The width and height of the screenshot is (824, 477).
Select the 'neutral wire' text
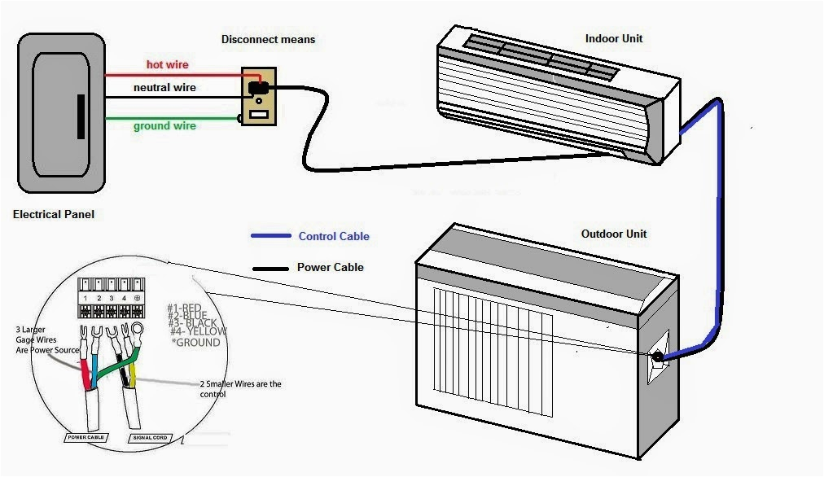pyautogui.click(x=165, y=87)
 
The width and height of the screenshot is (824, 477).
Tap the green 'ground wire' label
pyautogui.click(x=164, y=125)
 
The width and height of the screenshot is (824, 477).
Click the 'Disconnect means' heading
pyautogui.click(x=268, y=39)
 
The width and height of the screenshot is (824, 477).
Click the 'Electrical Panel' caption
pyautogui.click(x=54, y=215)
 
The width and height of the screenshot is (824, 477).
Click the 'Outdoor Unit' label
pyautogui.click(x=614, y=234)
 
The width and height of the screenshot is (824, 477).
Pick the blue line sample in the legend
pyautogui.click(x=270, y=237)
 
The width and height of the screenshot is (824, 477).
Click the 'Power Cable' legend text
pyautogui.click(x=330, y=267)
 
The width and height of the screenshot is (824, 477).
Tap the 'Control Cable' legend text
pyautogui.click(x=334, y=237)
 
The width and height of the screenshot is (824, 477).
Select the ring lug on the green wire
pyautogui.click(x=136, y=331)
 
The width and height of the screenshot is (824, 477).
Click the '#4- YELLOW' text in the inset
pyautogui.click(x=199, y=331)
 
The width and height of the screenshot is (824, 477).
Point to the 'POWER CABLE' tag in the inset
pyautogui.click(x=85, y=437)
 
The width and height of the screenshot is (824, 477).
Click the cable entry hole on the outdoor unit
pyautogui.click(x=655, y=356)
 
